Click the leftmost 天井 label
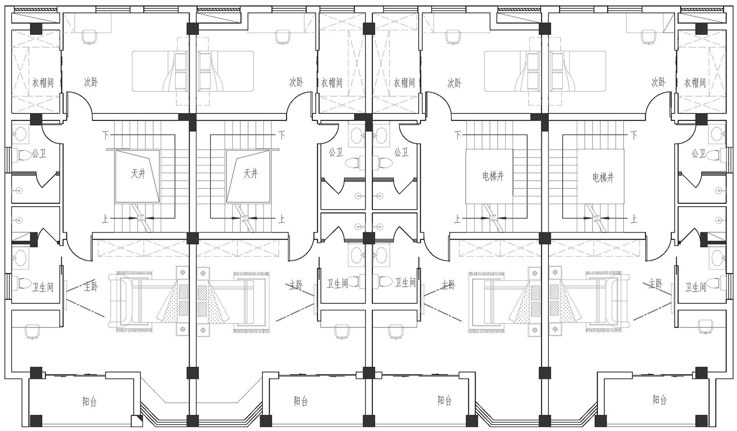tap(138, 174)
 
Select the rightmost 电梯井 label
tap(603, 178)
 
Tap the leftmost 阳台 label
tap(89, 402)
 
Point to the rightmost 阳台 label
tap(660, 400)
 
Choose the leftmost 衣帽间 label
tap(43, 83)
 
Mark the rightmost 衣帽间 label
tap(695, 83)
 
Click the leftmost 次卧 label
tap(90, 82)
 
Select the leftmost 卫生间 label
tap(42, 288)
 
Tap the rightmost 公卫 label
tap(698, 154)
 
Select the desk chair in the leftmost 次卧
tap(89, 36)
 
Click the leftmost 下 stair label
tap(105, 135)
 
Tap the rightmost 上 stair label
tap(633, 219)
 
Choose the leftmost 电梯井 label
tap(493, 177)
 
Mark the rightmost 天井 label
tap(251, 174)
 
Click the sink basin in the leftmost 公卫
tap(21, 134)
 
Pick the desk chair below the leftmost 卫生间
tap(31, 331)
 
